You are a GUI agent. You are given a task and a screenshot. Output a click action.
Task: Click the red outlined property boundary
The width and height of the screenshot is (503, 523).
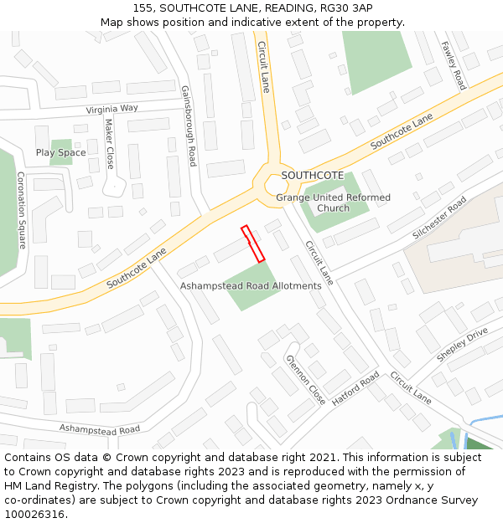tap(252, 244)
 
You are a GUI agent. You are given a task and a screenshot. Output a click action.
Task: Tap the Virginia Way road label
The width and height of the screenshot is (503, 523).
tap(111, 109)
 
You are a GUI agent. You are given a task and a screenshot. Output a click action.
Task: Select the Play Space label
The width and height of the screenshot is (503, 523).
tap(60, 152)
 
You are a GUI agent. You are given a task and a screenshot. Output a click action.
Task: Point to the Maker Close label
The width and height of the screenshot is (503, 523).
tap(109, 143)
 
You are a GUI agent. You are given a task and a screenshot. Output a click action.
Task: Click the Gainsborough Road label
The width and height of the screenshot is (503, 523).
tap(188, 126)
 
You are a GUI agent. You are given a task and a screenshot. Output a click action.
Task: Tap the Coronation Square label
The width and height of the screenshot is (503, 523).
tap(21, 210)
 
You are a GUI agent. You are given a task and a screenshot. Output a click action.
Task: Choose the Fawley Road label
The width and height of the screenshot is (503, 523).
tap(454, 65)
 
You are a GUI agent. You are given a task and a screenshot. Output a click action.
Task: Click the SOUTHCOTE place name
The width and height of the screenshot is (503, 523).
tap(312, 175)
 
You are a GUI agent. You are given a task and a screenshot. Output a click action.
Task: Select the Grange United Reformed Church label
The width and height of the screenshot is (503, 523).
tap(333, 203)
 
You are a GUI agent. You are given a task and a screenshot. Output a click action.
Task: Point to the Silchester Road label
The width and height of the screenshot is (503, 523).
tap(439, 218)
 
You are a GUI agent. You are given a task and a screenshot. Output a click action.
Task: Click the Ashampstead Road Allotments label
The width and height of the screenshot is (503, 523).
tap(251, 286)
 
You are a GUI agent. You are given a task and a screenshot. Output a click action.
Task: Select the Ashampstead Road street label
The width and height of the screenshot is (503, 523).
tap(99, 429)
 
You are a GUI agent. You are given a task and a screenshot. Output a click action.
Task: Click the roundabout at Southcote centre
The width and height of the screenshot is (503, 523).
tap(276, 184)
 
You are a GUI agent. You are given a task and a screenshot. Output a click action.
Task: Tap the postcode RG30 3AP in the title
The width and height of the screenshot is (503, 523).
tap(347, 8)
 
